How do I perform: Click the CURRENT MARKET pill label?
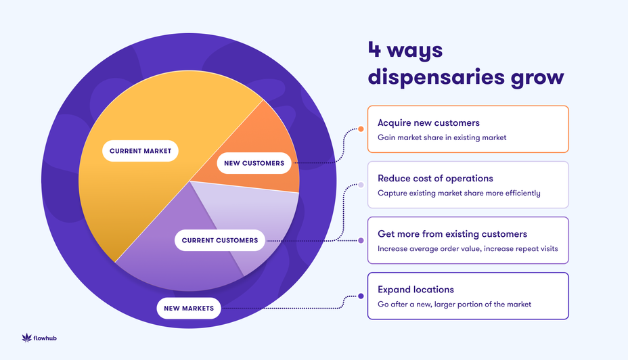pyautogui.click(x=140, y=151)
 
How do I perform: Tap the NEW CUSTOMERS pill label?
pyautogui.click(x=254, y=163)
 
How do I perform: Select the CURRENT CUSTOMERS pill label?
pyautogui.click(x=220, y=240)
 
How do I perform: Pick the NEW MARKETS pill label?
pyautogui.click(x=189, y=309)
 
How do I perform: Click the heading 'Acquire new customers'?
pyautogui.click(x=428, y=123)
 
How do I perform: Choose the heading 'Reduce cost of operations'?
pyautogui.click(x=435, y=179)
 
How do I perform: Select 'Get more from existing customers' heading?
pyautogui.click(x=452, y=234)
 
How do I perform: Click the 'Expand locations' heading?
pyautogui.click(x=416, y=290)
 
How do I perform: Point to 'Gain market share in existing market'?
pyautogui.click(x=442, y=137)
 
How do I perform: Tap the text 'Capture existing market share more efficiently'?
pyautogui.click(x=459, y=193)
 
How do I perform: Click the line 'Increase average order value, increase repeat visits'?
pyautogui.click(x=468, y=248)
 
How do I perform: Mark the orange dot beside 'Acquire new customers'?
pyautogui.click(x=361, y=129)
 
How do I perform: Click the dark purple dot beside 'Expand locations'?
pyautogui.click(x=361, y=296)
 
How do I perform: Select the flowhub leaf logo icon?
pyautogui.click(x=27, y=337)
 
